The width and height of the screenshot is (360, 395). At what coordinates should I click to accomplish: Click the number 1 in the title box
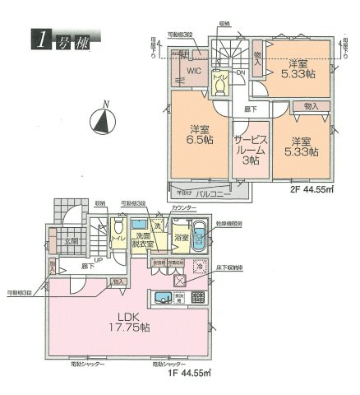[x=39, y=38]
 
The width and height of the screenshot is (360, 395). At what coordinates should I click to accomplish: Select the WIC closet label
[x=193, y=72]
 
